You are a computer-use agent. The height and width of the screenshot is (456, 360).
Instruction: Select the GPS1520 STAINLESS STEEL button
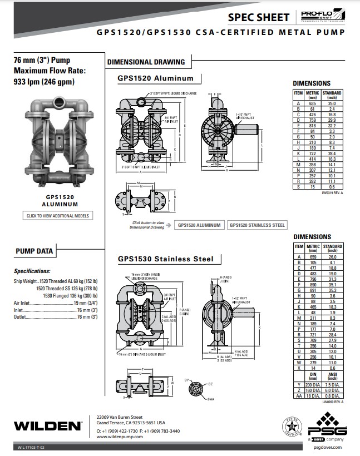(258, 225)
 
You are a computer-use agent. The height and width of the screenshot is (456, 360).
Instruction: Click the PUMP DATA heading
(34, 251)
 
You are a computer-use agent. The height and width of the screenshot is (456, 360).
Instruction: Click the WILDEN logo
(48, 426)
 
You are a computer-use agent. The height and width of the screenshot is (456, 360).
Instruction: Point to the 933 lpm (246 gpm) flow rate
(43, 82)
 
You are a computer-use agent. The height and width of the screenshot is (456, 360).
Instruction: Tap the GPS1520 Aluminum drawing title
(155, 78)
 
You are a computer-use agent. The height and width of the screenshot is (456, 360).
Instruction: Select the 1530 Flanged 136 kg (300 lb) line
(67, 295)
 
